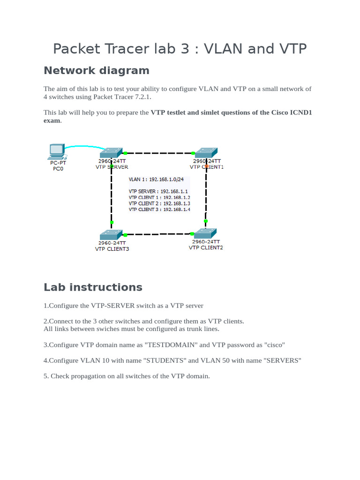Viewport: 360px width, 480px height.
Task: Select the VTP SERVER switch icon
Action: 112,153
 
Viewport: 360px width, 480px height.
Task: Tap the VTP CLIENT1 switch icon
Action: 206,153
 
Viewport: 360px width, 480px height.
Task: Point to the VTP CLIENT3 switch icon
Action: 112,234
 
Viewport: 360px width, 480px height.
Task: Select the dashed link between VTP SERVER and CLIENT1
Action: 159,153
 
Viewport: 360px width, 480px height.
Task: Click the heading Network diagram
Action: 96,70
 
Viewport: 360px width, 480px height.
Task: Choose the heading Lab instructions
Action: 93,287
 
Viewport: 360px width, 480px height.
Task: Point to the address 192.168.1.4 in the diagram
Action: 177,210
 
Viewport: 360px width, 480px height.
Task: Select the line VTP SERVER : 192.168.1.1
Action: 158,191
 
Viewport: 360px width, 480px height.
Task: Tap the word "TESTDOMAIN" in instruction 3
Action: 171,345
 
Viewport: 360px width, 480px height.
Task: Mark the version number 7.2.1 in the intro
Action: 142,97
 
